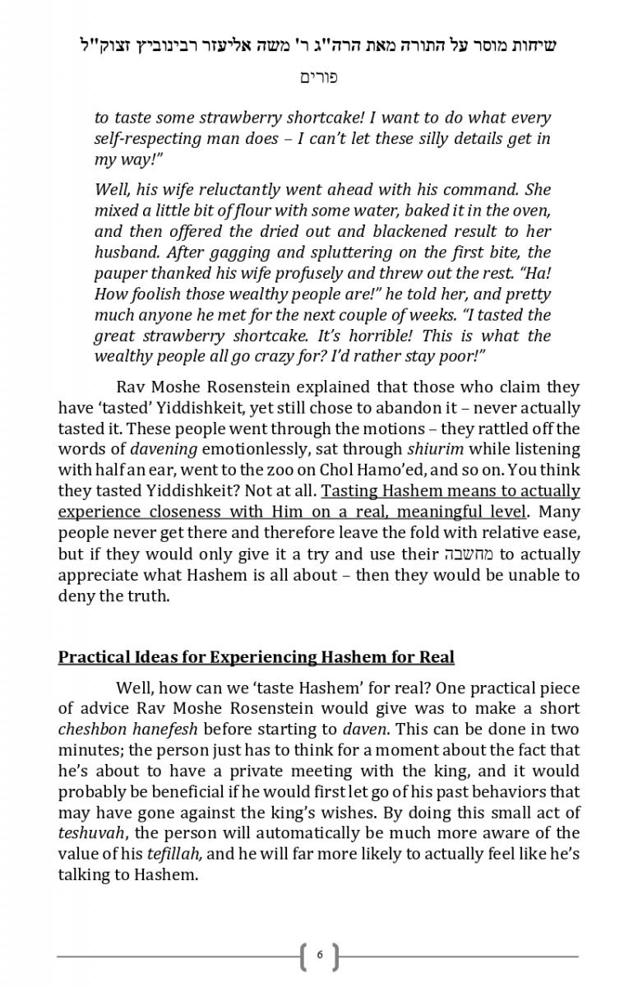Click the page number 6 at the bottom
[319, 955]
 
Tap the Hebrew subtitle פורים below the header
[319, 78]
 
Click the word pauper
[122, 272]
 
